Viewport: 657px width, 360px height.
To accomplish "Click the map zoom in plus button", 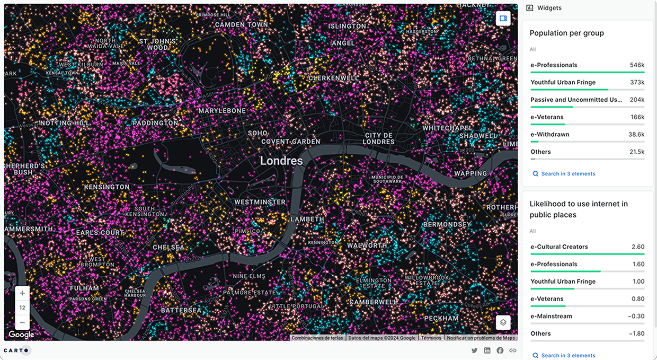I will (x=22, y=293).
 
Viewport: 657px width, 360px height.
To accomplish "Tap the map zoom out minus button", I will (x=22, y=322).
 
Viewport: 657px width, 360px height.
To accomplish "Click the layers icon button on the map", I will (x=503, y=322).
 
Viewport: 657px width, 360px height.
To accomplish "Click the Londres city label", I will (x=281, y=161).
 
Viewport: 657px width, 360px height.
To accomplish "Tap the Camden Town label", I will (x=242, y=24).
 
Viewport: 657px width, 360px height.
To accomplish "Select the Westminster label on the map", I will (x=260, y=202).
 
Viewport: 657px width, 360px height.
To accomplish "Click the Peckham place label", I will (x=441, y=318).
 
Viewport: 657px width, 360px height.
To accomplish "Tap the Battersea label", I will (x=181, y=310).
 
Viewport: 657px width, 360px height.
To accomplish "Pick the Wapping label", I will (x=470, y=173).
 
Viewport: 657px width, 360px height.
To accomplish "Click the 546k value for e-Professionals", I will (x=637, y=65).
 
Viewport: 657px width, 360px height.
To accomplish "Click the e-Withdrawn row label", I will (x=549, y=135).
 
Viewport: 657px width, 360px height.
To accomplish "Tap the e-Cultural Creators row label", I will (x=559, y=247).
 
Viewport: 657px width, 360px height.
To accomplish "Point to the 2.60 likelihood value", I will (x=638, y=247).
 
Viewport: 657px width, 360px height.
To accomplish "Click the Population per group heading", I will (x=566, y=33).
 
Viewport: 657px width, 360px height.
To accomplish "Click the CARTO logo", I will (x=17, y=350).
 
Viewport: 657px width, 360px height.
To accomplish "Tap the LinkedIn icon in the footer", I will (x=487, y=350).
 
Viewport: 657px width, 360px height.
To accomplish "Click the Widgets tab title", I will (x=549, y=8).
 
